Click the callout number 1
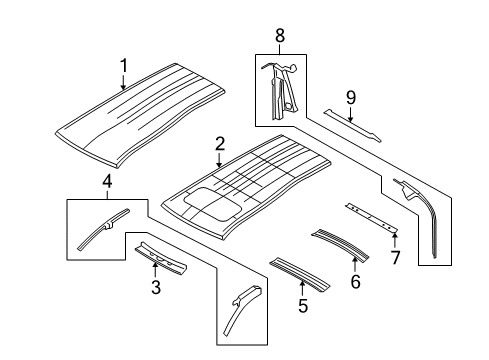[124, 66]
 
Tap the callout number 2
[220, 144]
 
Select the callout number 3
[156, 287]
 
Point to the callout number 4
[107, 182]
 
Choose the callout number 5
[303, 306]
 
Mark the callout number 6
[355, 281]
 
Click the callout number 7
[395, 257]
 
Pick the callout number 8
[280, 35]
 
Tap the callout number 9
[351, 98]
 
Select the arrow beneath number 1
[124, 83]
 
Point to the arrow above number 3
[155, 270]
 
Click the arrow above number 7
[395, 241]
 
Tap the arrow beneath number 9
[350, 114]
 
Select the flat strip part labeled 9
[352, 125]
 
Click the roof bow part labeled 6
[340, 244]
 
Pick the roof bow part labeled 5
[300, 275]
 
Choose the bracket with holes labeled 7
[372, 218]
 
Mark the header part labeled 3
[161, 258]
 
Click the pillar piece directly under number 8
[280, 91]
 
